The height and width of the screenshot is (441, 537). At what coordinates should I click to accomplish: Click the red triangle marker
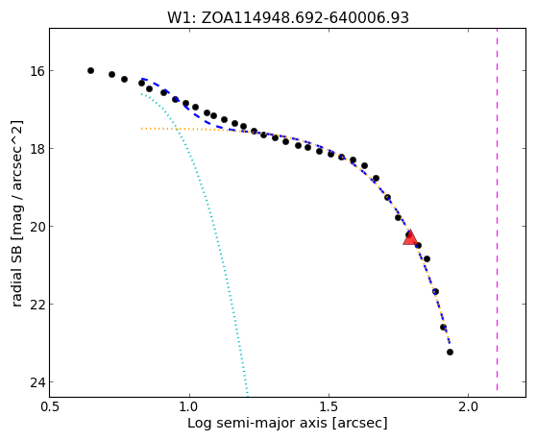410,238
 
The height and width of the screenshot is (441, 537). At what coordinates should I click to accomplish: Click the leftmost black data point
90,70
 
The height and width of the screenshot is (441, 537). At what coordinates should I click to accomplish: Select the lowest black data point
450,352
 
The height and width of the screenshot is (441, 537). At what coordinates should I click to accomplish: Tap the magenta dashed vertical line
497,209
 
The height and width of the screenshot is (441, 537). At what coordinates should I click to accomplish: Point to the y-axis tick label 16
37,71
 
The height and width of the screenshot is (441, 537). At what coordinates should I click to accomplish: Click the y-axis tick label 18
37,149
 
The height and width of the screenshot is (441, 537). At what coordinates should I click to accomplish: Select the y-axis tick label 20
37,227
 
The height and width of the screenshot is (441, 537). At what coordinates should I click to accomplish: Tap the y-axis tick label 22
37,305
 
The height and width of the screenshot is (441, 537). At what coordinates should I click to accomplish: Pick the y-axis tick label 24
37,382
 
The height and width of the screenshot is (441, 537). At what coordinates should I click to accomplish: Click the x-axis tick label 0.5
50,406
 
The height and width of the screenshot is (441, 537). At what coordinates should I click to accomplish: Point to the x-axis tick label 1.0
189,406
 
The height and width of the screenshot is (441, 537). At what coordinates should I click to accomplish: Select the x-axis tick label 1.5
329,406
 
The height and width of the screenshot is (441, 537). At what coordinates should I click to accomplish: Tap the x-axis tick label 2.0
468,406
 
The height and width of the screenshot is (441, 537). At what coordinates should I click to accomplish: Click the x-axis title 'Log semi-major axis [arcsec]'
287,423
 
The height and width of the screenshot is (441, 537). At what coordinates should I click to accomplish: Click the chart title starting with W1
288,17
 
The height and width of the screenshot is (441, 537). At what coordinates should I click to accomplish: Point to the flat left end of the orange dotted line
141,129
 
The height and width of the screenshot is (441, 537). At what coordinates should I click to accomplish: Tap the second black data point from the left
112,74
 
